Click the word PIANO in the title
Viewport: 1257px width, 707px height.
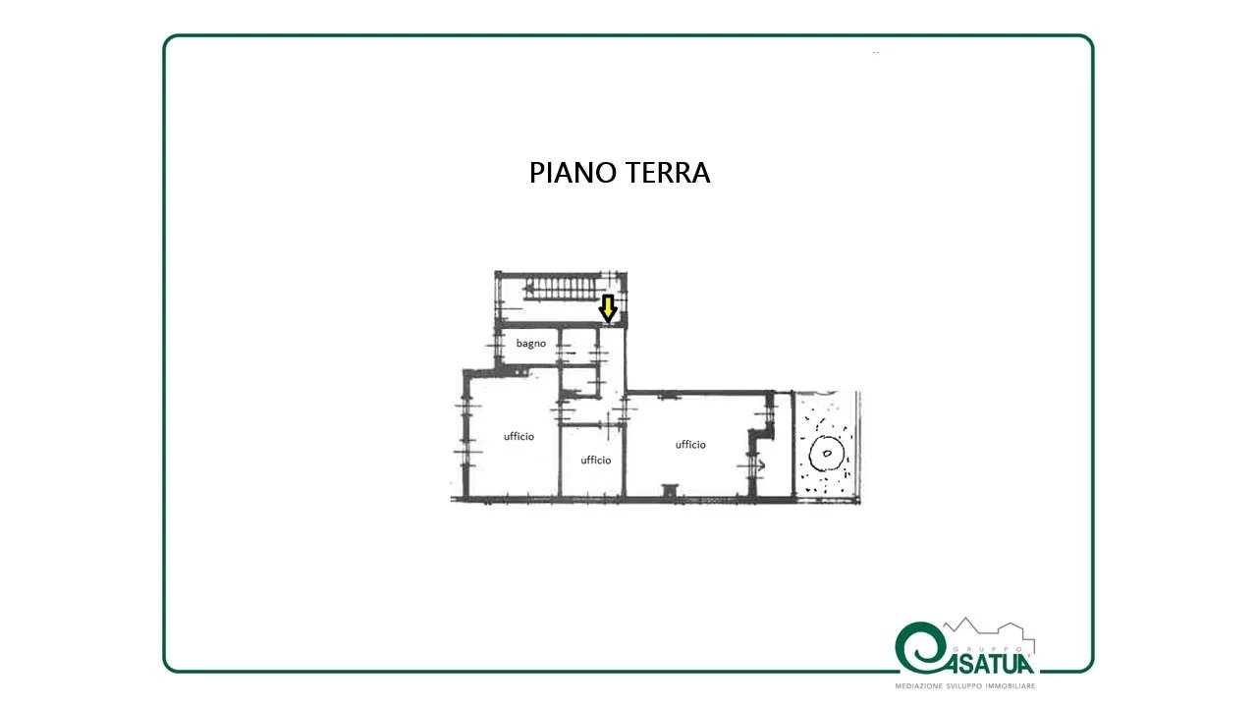tap(573, 173)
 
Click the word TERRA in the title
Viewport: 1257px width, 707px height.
tap(668, 173)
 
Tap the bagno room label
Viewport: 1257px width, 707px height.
tap(531, 344)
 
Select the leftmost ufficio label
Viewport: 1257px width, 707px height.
tap(519, 436)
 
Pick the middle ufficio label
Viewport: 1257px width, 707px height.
tap(595, 461)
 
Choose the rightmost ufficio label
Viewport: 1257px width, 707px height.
tap(690, 445)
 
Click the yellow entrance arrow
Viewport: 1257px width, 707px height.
tap(608, 308)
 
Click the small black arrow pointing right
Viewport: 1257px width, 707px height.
tap(760, 464)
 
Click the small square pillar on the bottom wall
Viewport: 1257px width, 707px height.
tap(670, 491)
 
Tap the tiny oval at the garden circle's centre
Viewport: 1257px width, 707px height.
tap(827, 454)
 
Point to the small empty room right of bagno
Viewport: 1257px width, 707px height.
tap(578, 347)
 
